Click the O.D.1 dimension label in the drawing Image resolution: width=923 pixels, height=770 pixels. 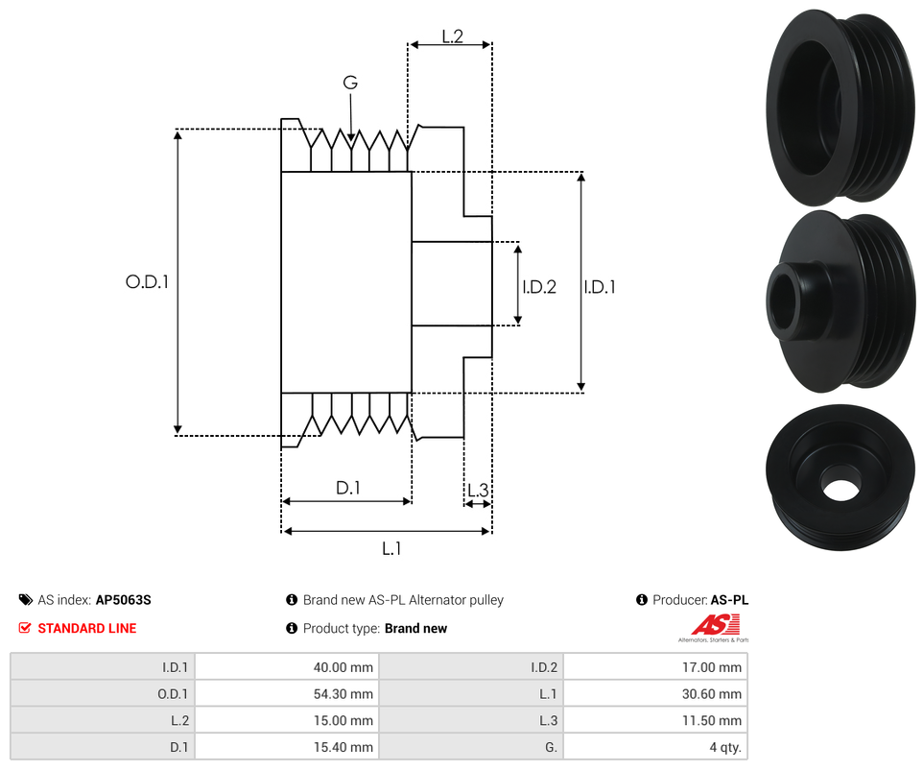(147, 282)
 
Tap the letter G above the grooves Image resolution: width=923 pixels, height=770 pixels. (350, 84)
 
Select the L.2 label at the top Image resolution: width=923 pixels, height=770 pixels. (452, 36)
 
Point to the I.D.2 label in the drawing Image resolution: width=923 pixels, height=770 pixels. (539, 286)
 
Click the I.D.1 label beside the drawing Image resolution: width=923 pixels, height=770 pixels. (600, 286)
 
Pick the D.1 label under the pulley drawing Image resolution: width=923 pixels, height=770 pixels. (347, 488)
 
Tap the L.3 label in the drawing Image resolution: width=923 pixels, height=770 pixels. (478, 491)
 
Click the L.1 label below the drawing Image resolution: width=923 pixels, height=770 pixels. (391, 548)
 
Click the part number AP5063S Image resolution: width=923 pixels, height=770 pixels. (124, 600)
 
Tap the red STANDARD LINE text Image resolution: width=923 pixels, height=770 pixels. (87, 629)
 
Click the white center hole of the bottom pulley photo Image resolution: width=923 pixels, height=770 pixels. (840, 488)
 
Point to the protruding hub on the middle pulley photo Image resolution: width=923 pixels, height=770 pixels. (793, 300)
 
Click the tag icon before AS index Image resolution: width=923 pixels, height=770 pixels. (25, 600)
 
